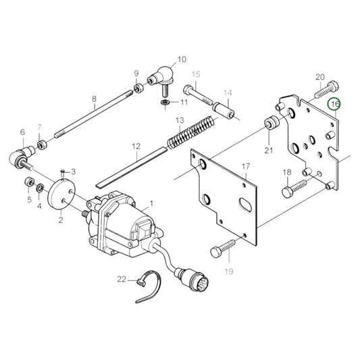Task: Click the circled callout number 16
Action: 334,104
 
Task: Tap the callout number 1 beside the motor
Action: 151,203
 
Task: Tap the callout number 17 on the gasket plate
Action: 246,165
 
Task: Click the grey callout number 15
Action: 196,74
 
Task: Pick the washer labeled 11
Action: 165,102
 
